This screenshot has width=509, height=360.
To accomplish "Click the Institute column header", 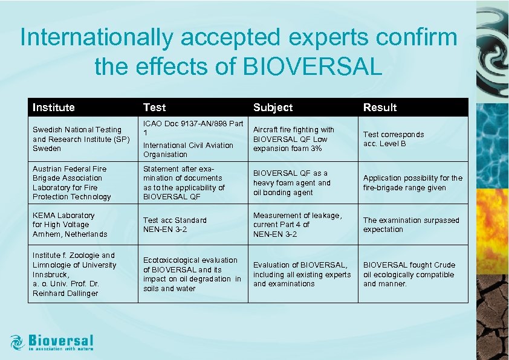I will [54, 108].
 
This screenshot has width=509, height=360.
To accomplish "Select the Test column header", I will [154, 108].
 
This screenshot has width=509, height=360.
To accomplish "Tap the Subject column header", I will [273, 108].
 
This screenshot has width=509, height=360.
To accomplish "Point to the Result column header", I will [380, 108].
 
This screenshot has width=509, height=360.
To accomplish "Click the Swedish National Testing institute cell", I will [77, 139].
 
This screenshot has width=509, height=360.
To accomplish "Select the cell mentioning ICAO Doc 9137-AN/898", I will [193, 139].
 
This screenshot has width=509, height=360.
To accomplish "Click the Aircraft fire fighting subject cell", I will [293, 139].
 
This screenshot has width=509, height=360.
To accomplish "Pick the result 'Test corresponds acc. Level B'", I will [394, 139].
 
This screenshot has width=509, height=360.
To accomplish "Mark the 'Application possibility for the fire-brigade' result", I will [412, 183].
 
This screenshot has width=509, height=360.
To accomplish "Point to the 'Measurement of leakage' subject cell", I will [297, 225].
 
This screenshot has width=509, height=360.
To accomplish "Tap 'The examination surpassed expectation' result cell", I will [411, 225].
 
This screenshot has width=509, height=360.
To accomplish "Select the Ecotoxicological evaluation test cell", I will [192, 274].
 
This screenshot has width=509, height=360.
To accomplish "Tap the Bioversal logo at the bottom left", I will [53, 342].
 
